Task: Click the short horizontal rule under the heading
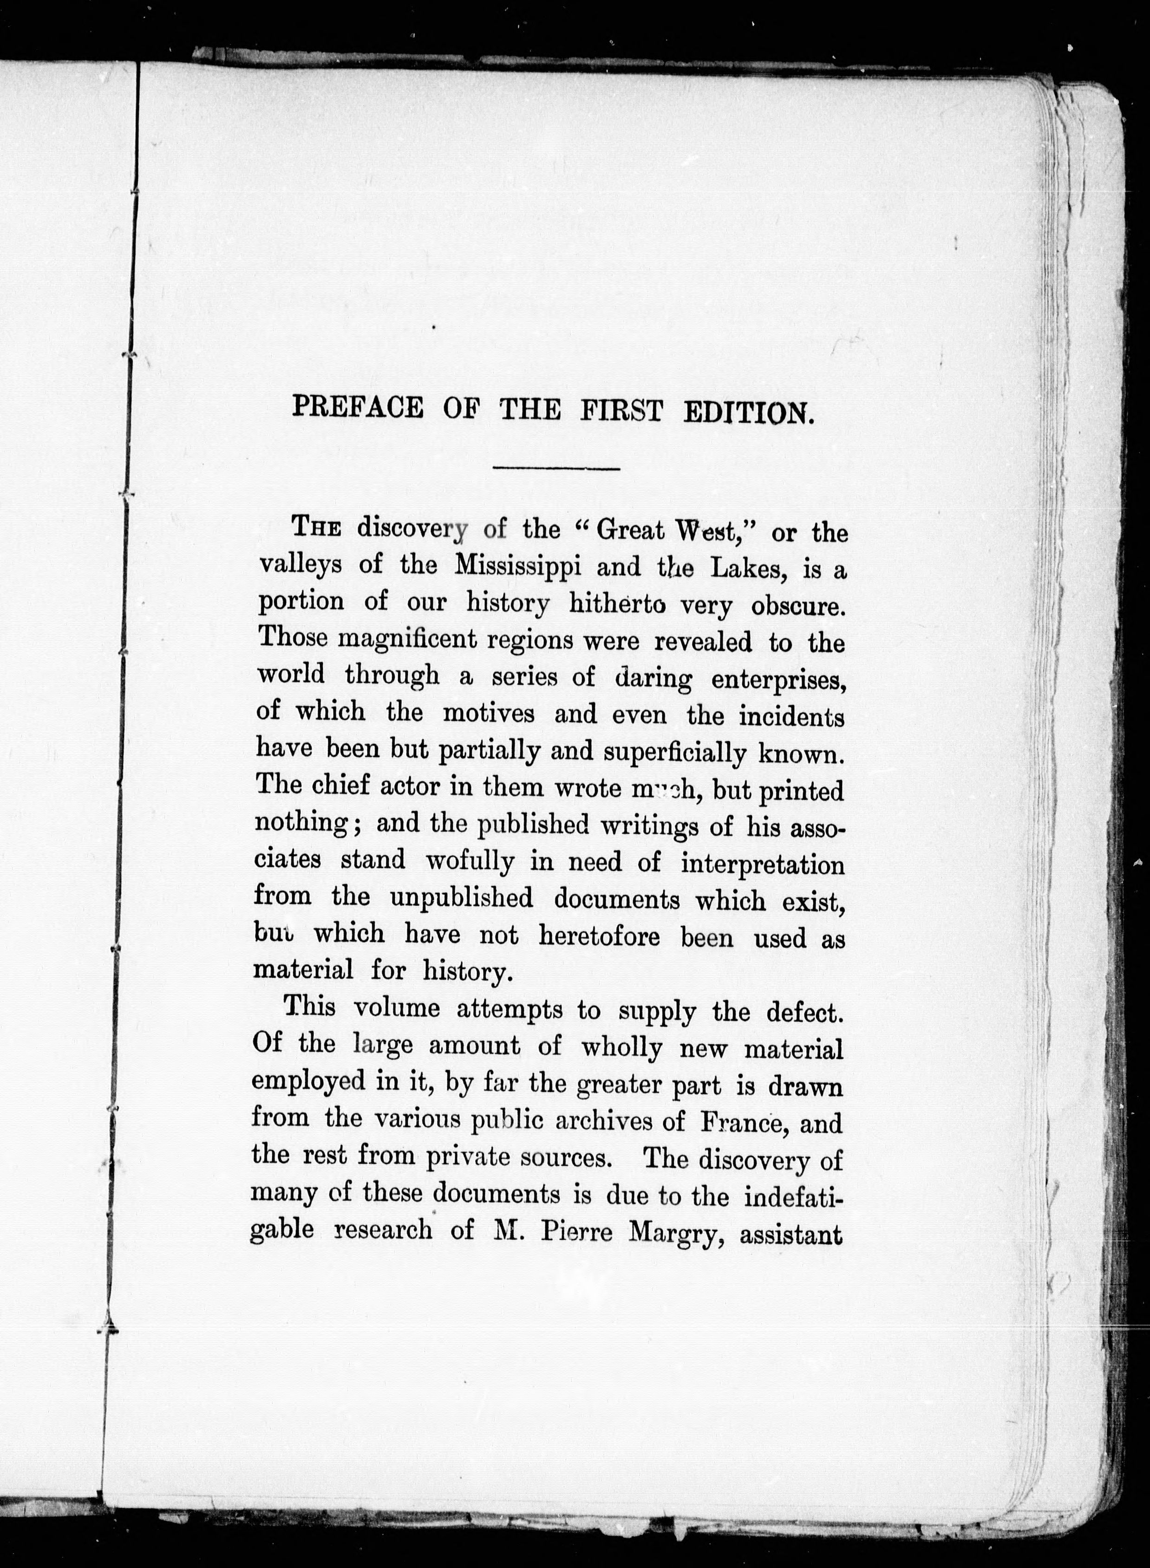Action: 555,468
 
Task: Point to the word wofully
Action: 470,862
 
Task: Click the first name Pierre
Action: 576,1232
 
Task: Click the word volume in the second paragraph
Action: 397,1008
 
